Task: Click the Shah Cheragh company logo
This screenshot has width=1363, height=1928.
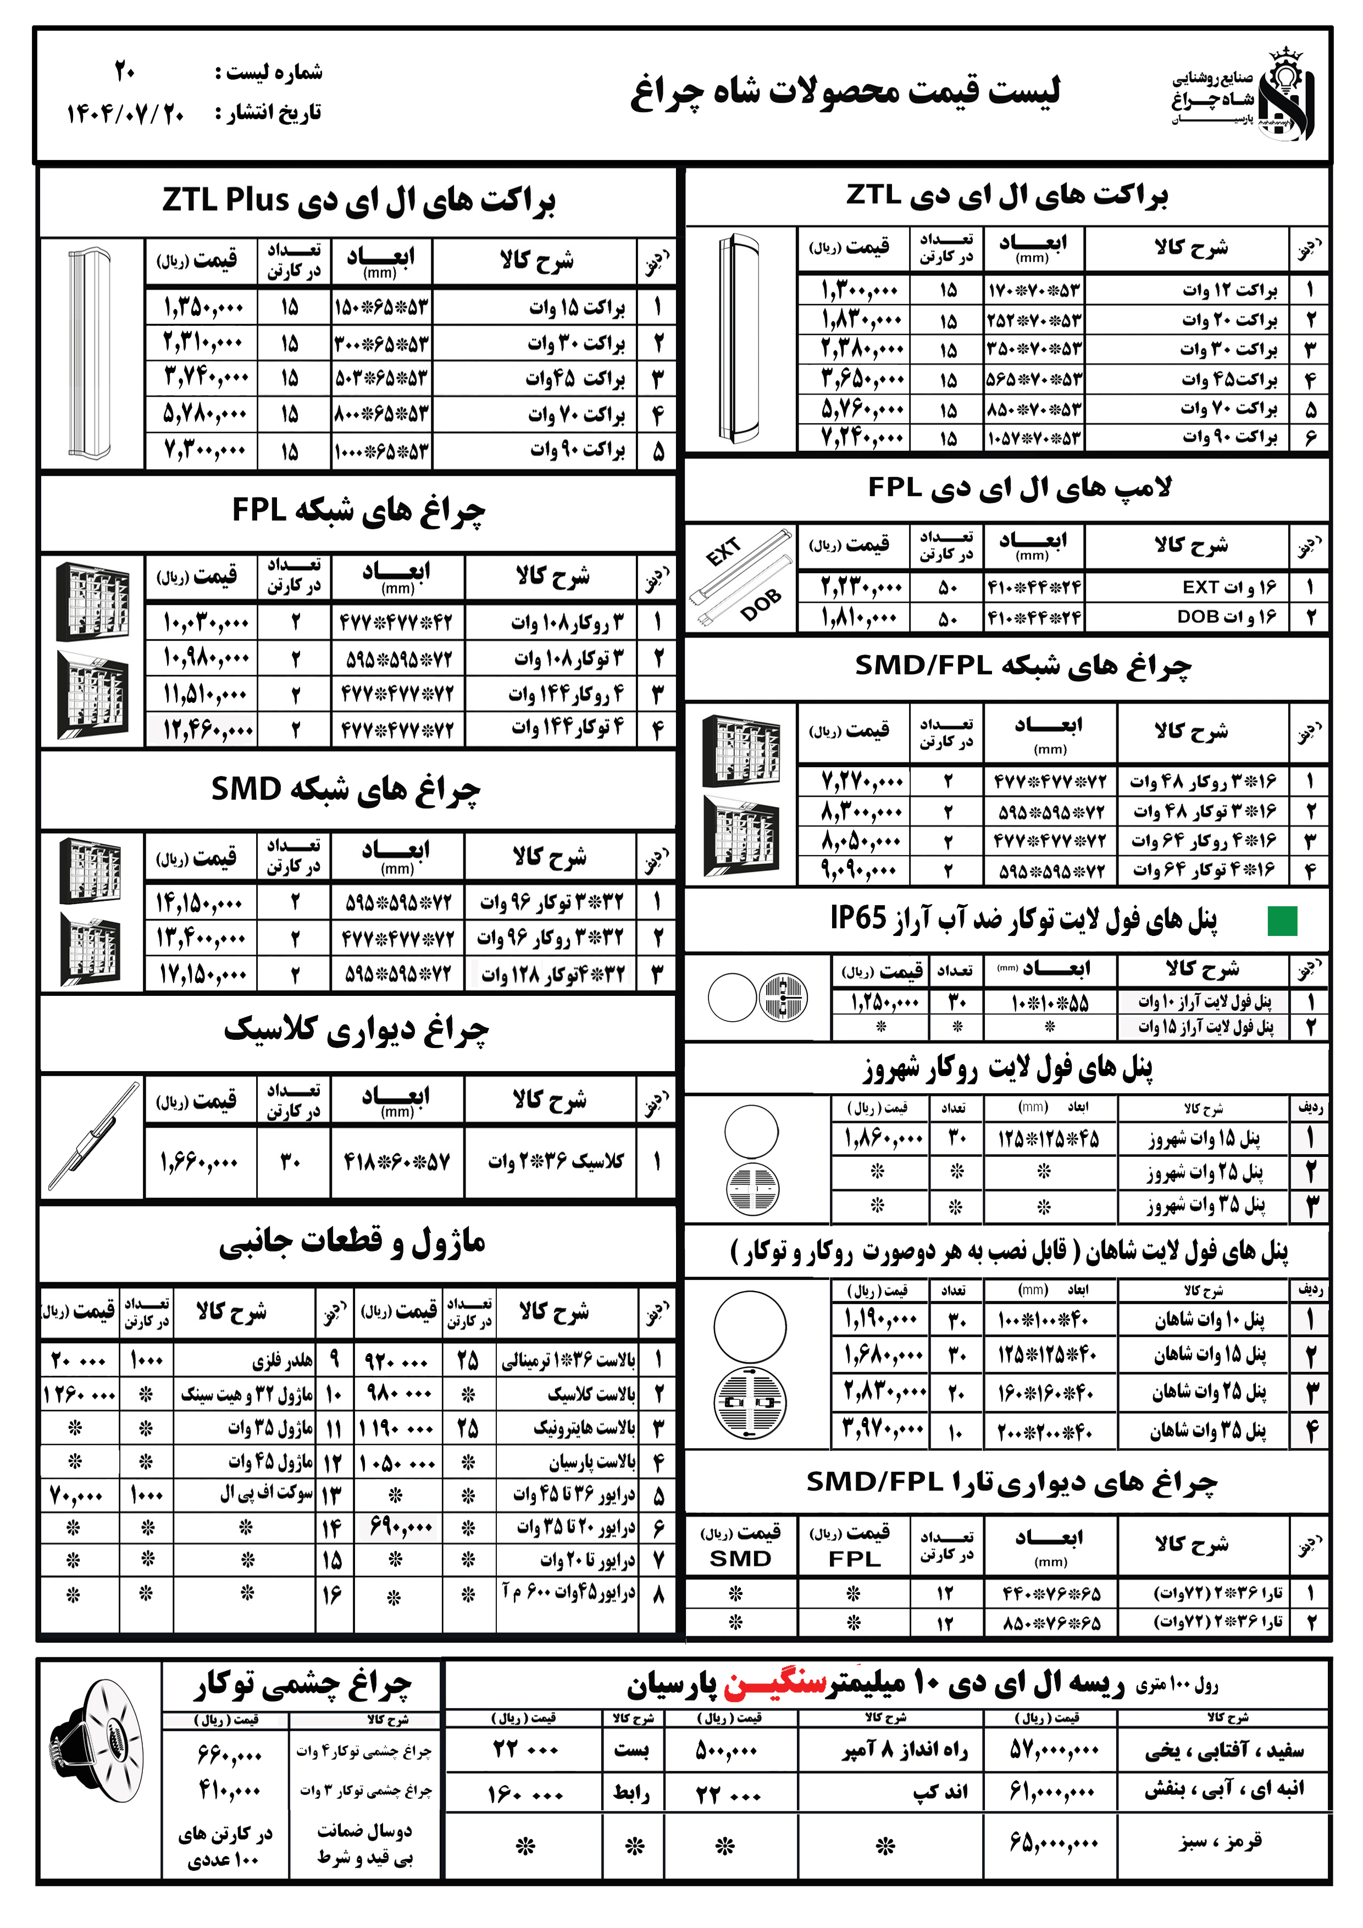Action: pyautogui.click(x=1243, y=94)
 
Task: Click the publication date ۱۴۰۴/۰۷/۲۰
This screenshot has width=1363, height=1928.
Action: pyautogui.click(x=126, y=113)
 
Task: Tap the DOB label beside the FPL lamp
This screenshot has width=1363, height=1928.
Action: pyautogui.click(x=760, y=605)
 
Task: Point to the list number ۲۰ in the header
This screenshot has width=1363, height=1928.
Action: pyautogui.click(x=125, y=72)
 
